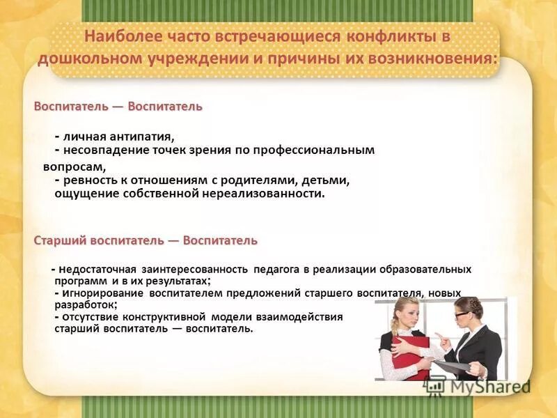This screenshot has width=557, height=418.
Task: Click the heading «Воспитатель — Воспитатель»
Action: (x=118, y=107)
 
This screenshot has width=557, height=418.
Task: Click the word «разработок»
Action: (x=85, y=305)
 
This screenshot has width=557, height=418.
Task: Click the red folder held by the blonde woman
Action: (x=407, y=352)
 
